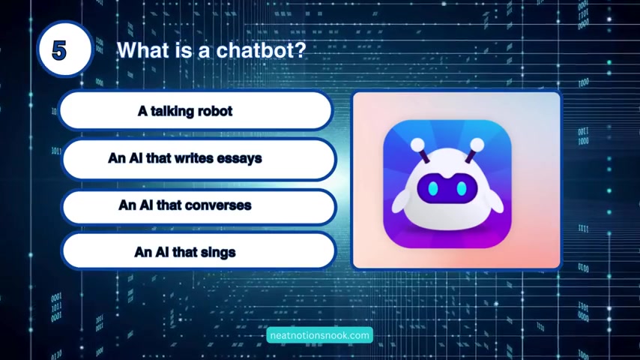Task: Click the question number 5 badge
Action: point(65,49)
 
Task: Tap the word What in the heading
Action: point(143,50)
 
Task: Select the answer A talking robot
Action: point(196,110)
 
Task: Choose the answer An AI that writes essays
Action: point(199,159)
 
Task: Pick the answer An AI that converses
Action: point(199,206)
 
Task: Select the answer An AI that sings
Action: point(199,251)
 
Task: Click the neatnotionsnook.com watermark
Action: point(319,335)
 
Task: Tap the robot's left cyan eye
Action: point(433,188)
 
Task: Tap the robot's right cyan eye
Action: point(462,188)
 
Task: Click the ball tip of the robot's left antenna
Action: point(417,144)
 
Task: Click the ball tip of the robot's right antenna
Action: point(477,145)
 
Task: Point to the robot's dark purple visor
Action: point(447,188)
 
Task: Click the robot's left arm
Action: point(401,201)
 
